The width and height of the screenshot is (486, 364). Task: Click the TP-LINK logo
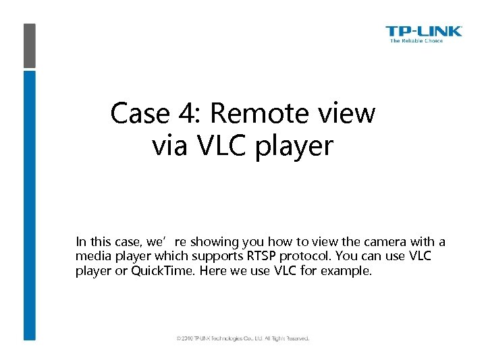click(424, 31)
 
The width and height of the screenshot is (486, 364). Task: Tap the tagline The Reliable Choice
click(416, 41)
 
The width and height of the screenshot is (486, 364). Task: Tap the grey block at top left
click(29, 45)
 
